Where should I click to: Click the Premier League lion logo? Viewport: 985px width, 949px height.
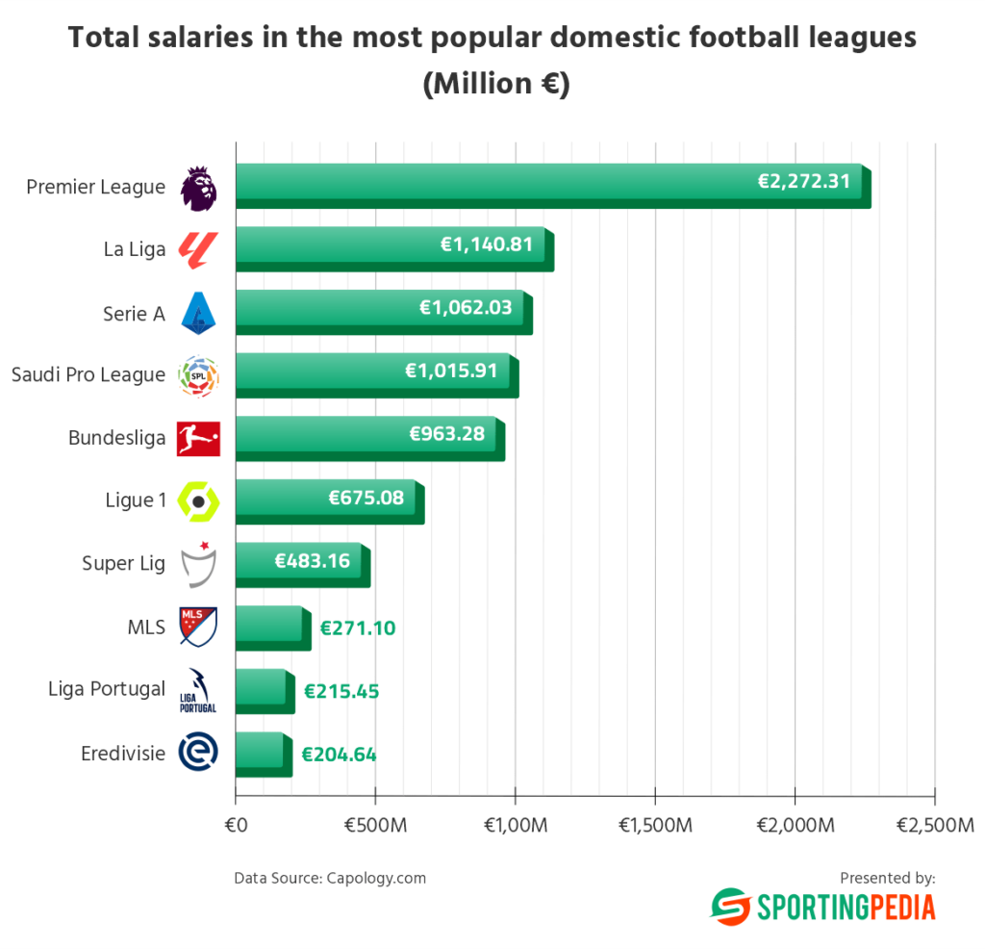coord(199,188)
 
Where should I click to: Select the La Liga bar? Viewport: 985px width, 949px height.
coord(390,248)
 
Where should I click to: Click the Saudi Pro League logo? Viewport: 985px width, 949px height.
coord(199,376)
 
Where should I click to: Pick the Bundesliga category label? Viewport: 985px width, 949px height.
coord(116,438)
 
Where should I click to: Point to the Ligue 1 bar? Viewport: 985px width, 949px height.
coord(327,500)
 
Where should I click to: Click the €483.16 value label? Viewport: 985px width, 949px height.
coord(313,559)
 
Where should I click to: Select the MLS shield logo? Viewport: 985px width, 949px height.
coord(199,627)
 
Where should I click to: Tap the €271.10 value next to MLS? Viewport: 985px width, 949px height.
coord(358,628)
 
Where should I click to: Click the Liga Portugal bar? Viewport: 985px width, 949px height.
coord(262,690)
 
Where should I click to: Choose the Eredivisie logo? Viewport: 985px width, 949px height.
coord(199,752)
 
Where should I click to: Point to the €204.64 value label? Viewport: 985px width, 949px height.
coord(339,755)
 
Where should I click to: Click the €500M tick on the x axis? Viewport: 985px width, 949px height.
coord(375,825)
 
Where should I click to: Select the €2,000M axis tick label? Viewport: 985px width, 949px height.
coord(795,825)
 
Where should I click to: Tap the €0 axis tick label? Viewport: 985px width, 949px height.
coord(236,825)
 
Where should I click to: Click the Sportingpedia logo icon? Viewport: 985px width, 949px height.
coord(729,907)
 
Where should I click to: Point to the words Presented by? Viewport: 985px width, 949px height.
coord(887,878)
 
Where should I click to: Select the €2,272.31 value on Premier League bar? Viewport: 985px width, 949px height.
coord(804,180)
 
